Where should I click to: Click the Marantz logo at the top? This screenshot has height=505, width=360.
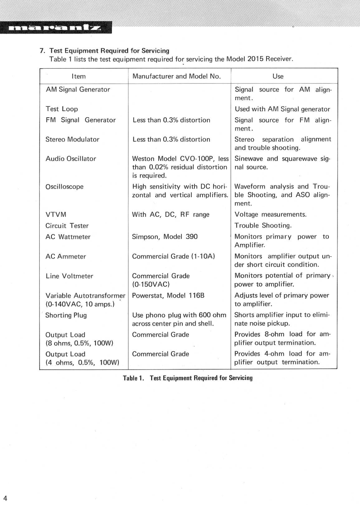coord(56,28)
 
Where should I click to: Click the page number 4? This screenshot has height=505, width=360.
coord(5,498)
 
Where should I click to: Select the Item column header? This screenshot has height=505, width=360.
coord(79,76)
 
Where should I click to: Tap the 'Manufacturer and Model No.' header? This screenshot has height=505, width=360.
coord(177,76)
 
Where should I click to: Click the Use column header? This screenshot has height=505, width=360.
coord(278,76)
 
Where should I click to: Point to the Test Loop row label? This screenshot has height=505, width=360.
coord(62,109)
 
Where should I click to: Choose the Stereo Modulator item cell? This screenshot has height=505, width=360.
coord(72,139)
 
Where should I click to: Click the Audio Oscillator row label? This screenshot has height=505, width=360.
coord(71,159)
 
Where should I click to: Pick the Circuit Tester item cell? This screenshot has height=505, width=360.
coord(67,225)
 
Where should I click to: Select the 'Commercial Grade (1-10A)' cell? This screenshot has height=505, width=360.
coord(174,256)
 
